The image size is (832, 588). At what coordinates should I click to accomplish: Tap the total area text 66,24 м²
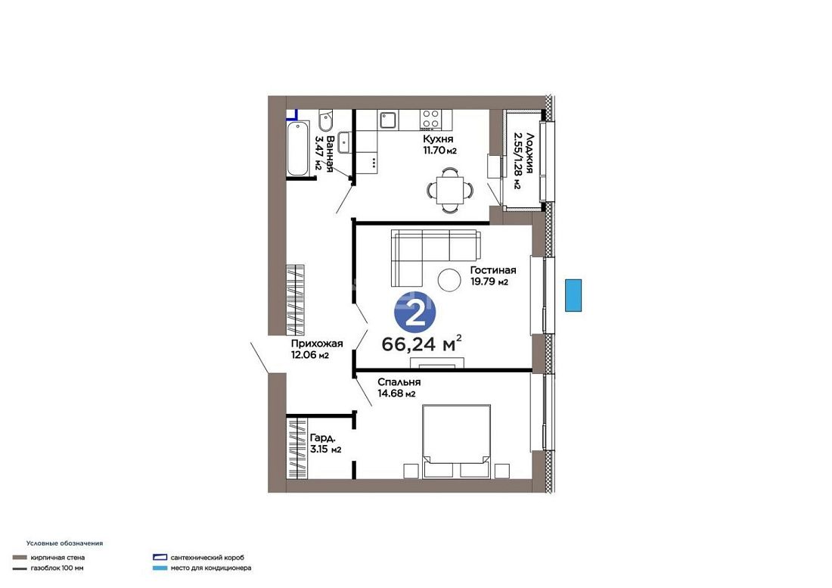click(421, 344)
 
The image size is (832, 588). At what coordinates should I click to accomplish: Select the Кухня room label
click(438, 139)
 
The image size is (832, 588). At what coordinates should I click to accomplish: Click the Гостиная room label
click(493, 270)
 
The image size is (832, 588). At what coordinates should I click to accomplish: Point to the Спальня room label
click(399, 382)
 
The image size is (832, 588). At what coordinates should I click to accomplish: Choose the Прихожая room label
click(317, 344)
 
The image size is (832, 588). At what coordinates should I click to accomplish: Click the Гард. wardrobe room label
click(323, 438)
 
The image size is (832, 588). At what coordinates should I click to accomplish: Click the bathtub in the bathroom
click(298, 148)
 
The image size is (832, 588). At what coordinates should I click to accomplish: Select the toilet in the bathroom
click(325, 120)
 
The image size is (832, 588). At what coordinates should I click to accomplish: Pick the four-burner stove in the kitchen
click(430, 120)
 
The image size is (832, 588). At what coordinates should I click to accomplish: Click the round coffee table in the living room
click(449, 278)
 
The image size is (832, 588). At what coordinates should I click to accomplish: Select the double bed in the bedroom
click(456, 441)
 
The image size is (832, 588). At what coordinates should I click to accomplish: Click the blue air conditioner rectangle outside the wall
click(573, 295)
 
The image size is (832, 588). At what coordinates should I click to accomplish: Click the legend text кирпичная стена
click(57, 558)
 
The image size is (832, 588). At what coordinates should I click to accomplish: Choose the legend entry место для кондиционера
click(211, 568)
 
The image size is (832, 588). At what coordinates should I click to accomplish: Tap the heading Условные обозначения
click(64, 543)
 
